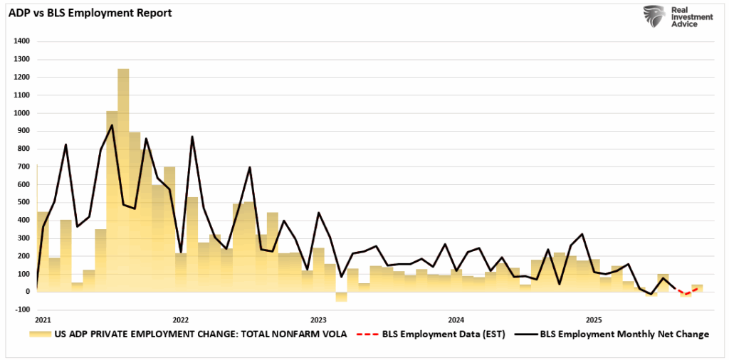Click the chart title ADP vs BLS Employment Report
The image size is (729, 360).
tap(90, 12)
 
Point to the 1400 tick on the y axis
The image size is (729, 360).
tap(21, 41)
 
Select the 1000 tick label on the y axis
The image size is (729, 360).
tap(21, 113)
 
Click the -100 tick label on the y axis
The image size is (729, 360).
tap(21, 309)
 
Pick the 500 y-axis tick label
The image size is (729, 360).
tap(22, 202)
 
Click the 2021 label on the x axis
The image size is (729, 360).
tap(43, 319)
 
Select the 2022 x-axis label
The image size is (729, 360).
tap(181, 319)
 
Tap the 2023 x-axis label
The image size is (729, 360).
tap(318, 319)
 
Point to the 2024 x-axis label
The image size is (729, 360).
tap(456, 319)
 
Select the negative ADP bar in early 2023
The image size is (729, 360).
tap(342, 297)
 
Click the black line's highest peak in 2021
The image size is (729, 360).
tap(112, 125)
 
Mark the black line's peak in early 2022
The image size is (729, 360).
tap(192, 137)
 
